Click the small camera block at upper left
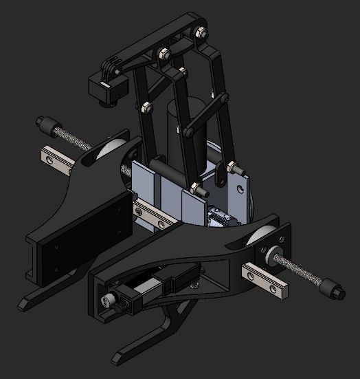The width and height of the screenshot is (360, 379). click(x=107, y=88)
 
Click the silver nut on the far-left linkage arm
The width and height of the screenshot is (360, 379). click(x=146, y=107)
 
